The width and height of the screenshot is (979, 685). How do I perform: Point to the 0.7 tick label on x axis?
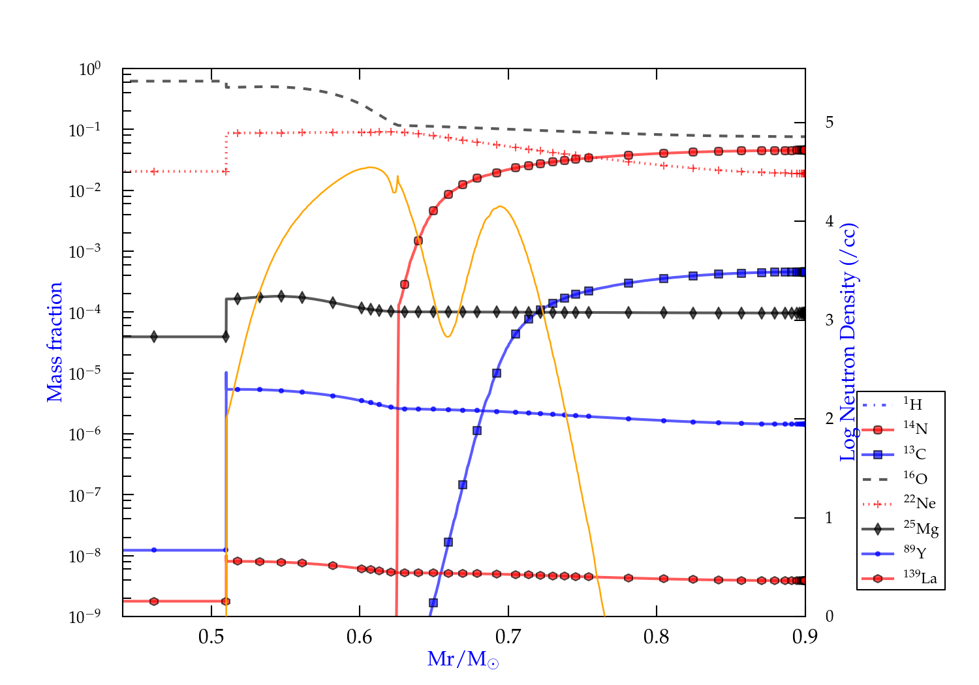coord(508,637)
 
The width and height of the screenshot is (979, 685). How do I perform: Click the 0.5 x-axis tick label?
coord(211,637)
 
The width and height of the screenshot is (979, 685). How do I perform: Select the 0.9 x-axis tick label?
coord(805,637)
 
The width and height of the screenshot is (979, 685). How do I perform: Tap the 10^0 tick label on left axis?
coord(90,69)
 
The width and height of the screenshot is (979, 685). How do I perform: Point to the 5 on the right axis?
coord(830,123)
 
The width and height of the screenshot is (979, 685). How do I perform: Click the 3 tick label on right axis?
coord(830,320)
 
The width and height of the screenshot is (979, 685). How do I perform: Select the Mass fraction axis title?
coord(55,342)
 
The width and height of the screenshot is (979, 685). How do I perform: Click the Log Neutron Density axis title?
coord(848,342)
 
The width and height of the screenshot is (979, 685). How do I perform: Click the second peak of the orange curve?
coord(500,207)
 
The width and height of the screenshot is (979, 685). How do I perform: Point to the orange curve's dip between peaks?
coord(448,337)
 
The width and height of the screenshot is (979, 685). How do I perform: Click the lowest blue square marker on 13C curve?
coord(433,603)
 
